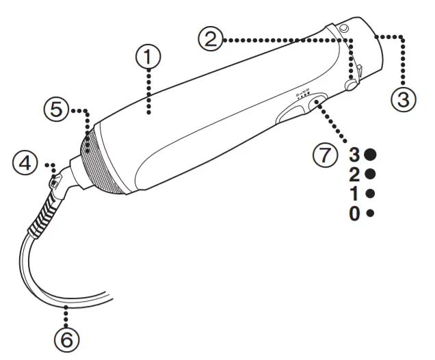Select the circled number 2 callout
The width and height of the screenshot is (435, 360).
point(211,39)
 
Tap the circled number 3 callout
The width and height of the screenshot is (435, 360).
point(403,100)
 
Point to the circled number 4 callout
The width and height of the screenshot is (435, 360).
point(26,164)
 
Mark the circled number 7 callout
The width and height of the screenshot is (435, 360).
point(326,155)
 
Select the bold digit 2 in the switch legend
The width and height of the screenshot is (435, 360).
point(354,174)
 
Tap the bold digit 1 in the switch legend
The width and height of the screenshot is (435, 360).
point(354,194)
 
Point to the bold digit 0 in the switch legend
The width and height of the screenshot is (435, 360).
point(354,214)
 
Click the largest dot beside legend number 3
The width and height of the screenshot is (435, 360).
point(371,154)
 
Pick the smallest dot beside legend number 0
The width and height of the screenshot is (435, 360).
point(371,214)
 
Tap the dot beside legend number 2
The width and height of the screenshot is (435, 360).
point(371,174)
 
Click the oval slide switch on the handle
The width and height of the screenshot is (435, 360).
point(316,104)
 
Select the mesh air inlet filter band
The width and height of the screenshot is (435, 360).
point(103,164)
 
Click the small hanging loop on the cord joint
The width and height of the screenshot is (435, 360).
point(54,181)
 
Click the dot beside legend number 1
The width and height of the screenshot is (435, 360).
point(371,194)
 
